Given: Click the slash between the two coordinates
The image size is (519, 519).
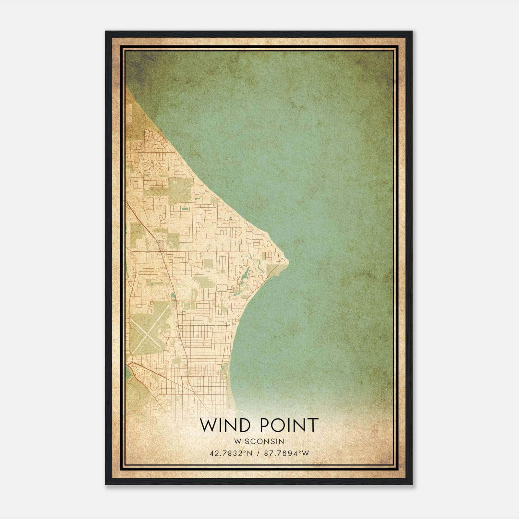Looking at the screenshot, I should click(x=258, y=453).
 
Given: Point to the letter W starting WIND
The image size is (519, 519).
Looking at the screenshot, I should click(x=207, y=425).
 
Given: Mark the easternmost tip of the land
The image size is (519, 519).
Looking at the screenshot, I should click(x=288, y=260).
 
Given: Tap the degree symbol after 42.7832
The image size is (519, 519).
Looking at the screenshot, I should click(x=243, y=451).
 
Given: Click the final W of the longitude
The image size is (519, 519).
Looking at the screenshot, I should click(x=305, y=453).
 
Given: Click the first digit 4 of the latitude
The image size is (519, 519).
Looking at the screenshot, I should click(x=212, y=453).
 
